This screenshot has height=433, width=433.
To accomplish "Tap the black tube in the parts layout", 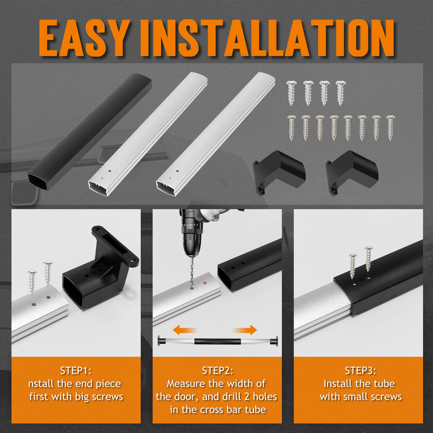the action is coord(89,132).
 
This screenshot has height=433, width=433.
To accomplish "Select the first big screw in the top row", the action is coord(292,93).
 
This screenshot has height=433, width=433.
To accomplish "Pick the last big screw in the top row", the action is coord(341,93).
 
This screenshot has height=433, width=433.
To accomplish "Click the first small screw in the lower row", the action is coord(292,128).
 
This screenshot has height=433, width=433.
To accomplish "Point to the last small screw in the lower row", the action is coord(390,128).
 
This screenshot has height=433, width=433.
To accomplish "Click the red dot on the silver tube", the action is coord(205,283).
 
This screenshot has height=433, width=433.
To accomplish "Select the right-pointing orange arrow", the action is coord(245,330).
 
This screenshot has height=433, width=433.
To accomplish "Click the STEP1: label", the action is coord(76,371).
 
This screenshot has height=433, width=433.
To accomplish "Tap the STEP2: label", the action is coord(218,371).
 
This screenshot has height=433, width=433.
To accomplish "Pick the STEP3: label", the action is coord(360,371).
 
